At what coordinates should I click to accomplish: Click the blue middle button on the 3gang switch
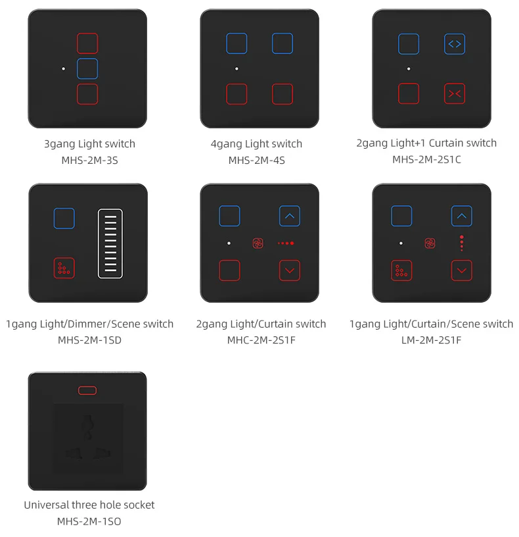point(87,68)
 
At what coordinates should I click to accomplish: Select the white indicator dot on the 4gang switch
point(237,68)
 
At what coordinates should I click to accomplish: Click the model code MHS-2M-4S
point(256,160)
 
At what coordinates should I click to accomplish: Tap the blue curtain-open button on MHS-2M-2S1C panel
point(454,44)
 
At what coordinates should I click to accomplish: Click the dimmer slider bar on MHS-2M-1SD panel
point(110,243)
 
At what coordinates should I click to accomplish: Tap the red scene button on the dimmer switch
point(64,268)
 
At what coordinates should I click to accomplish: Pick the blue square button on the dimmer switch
point(64,218)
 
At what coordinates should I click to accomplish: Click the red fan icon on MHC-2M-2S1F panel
point(258,243)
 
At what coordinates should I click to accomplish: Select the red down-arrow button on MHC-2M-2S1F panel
point(290,270)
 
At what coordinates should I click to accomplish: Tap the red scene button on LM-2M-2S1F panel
point(401,270)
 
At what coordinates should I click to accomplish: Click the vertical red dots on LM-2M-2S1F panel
point(462,243)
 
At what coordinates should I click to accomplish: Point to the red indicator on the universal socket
point(87,390)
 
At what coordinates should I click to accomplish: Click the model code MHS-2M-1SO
point(89,521)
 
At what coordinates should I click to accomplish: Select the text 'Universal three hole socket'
point(89,505)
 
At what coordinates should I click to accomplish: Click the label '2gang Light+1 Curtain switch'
point(426,143)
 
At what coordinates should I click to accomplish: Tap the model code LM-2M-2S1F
point(432,340)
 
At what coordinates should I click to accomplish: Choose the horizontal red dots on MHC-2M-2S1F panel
point(286,243)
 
